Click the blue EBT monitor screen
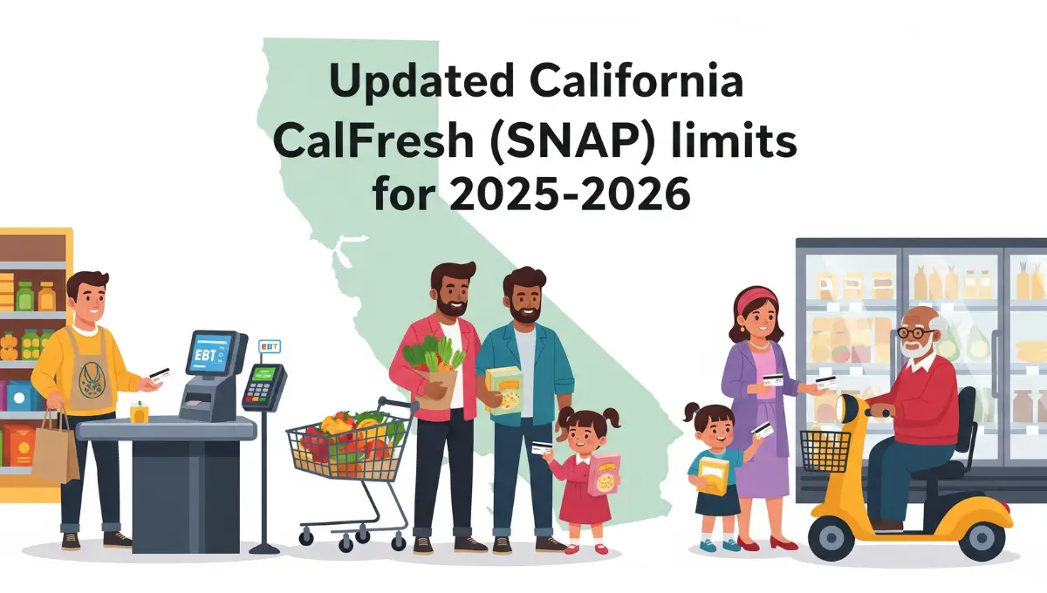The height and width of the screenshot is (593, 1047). click(x=209, y=354)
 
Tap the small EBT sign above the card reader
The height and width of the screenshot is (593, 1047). click(x=270, y=347)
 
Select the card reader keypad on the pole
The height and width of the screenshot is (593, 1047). click(x=262, y=387)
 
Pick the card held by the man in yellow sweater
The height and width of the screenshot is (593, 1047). click(x=160, y=375)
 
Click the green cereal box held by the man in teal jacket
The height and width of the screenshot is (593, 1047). click(x=504, y=391)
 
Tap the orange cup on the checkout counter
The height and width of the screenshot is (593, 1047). click(x=140, y=412)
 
